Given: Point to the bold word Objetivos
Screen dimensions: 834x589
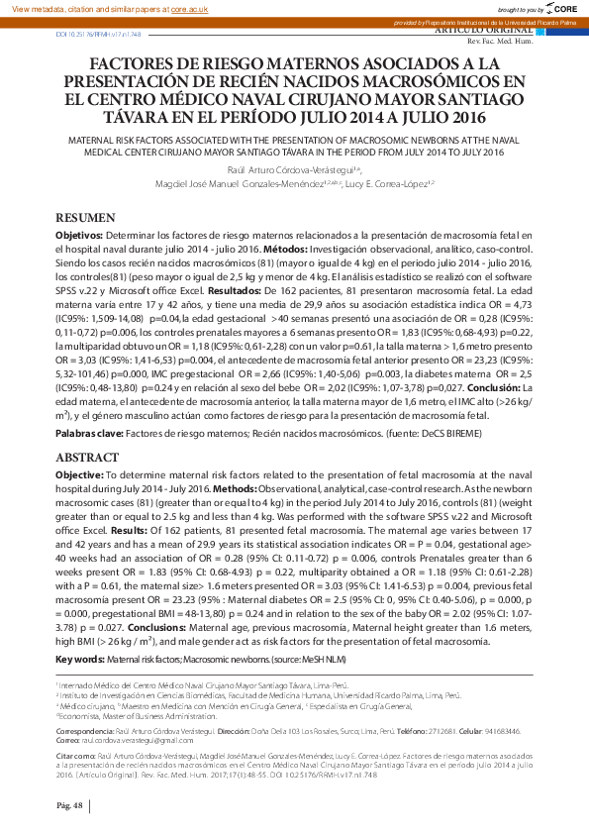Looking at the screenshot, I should [77, 234].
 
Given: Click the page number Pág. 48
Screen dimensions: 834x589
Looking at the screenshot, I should [68, 806].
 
